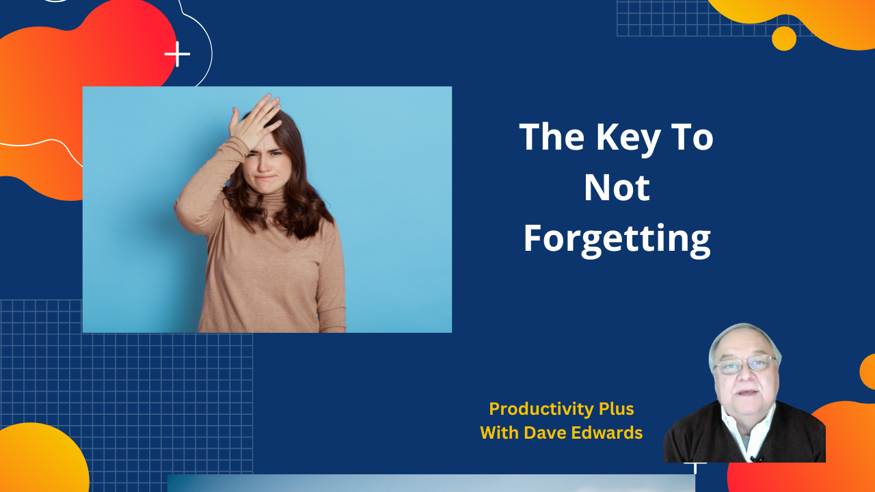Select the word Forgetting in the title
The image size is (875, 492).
(x=617, y=239)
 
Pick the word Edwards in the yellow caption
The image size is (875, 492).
(x=608, y=433)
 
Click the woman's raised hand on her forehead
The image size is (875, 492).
(x=256, y=120)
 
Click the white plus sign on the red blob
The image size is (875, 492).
(x=177, y=54)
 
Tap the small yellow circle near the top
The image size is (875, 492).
(x=784, y=38)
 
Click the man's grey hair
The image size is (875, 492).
(x=745, y=335)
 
